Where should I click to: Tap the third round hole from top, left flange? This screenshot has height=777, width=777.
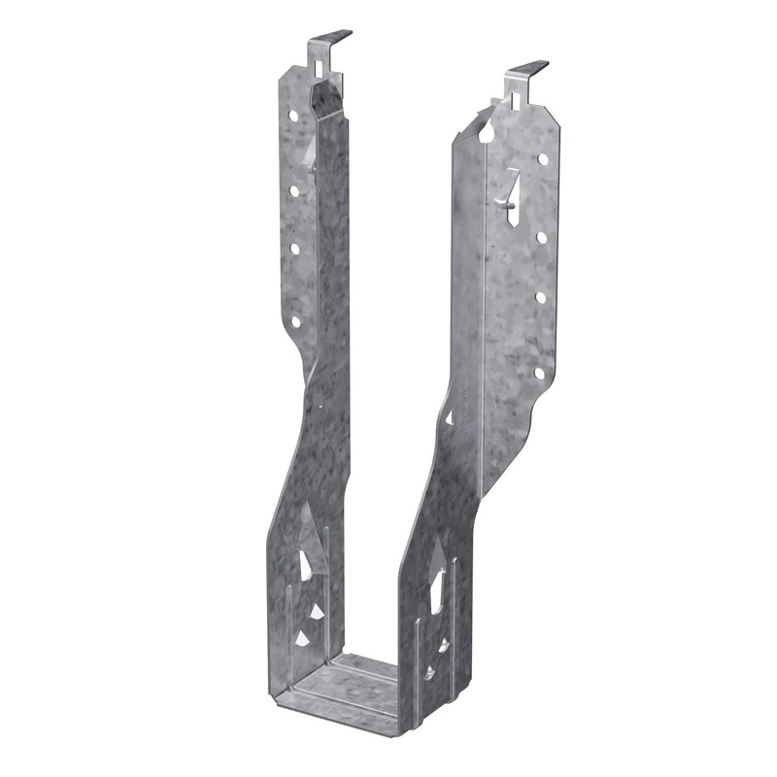coord(294,249)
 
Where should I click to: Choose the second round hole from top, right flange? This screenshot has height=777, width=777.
coord(539,237)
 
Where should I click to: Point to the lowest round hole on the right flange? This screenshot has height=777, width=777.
coord(538,371)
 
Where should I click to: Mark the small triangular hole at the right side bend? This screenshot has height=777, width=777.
coord(449,417)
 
